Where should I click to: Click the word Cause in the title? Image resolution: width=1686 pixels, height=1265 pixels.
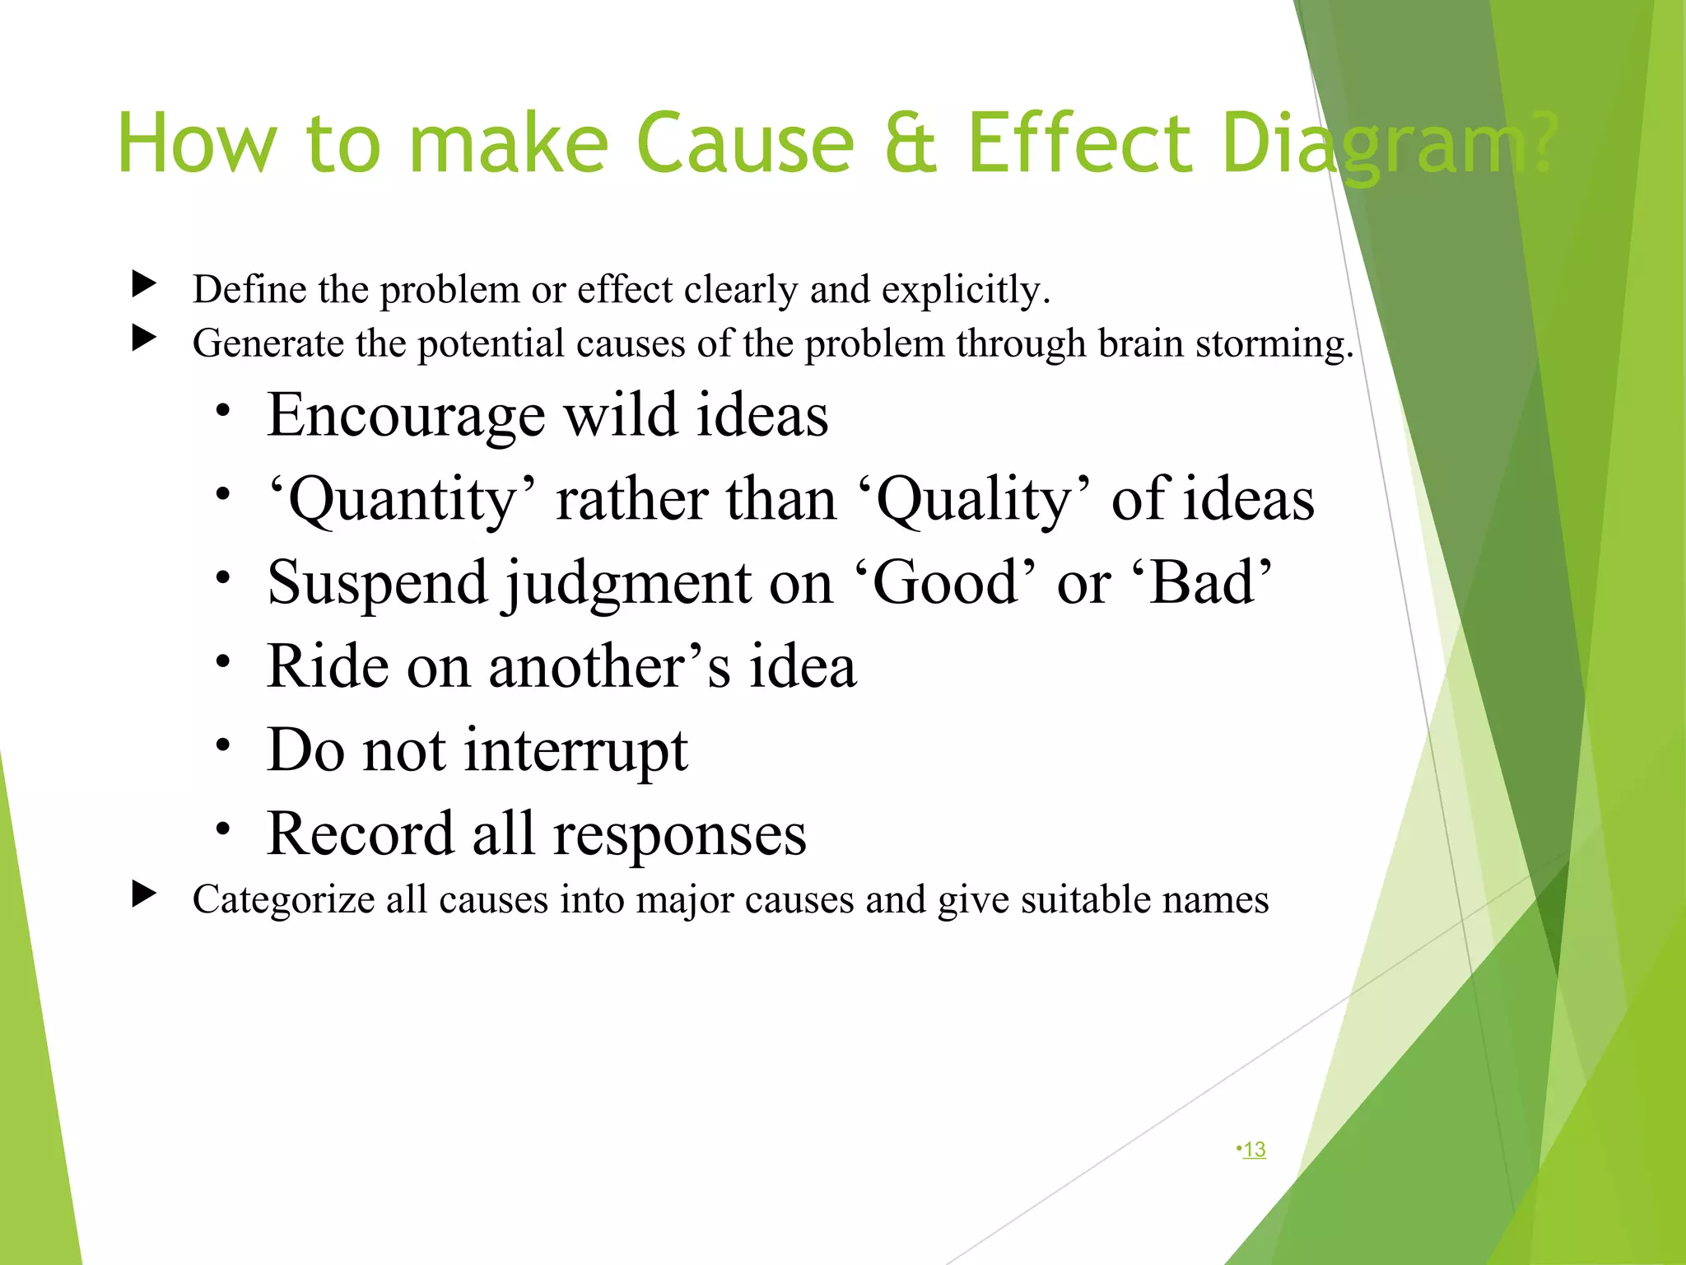(x=745, y=144)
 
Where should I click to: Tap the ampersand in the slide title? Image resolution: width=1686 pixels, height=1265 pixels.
(x=911, y=144)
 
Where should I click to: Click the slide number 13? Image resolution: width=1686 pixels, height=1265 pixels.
(x=1254, y=1149)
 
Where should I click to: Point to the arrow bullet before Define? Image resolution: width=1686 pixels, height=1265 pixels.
(x=144, y=284)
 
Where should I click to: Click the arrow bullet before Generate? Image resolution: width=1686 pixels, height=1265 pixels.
(x=144, y=338)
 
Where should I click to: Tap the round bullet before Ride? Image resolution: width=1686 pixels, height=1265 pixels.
(x=222, y=661)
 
